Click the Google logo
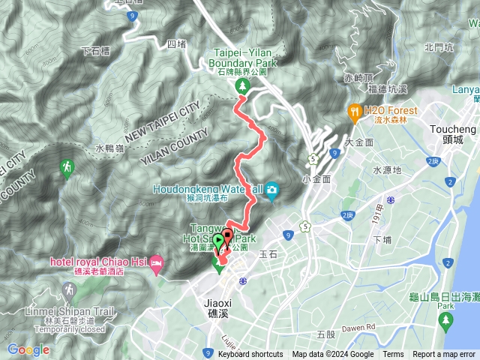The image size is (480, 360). point(28,349)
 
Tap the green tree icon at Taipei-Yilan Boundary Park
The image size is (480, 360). point(243,88)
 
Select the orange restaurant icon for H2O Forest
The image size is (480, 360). point(354,112)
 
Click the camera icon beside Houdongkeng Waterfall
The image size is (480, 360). point(271,189)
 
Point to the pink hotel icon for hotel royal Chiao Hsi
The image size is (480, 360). point(157,262)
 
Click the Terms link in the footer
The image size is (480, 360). point(393,355)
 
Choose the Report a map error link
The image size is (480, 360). point(444,355)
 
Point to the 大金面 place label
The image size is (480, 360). point(358,142)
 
